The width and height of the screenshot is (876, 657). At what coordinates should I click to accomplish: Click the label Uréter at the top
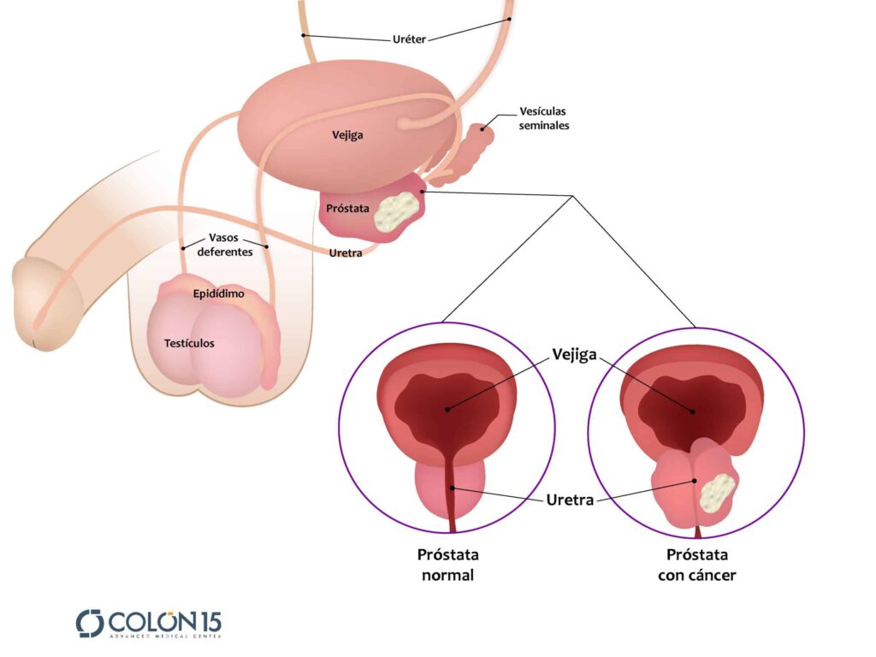coord(408,38)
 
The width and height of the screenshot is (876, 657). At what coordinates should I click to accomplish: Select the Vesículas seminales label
coord(543,119)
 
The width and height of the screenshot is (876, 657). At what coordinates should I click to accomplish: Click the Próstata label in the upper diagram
coord(346,208)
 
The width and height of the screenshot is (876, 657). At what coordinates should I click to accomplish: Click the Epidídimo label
coord(218,294)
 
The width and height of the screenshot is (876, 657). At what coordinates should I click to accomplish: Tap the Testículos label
coord(189,343)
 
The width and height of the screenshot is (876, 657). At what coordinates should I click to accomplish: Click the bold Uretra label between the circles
coord(570,500)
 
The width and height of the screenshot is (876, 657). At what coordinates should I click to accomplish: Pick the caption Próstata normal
coord(447,565)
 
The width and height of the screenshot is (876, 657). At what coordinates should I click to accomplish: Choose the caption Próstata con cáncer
coord(696,565)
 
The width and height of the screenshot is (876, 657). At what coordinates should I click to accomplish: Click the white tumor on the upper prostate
coord(397,210)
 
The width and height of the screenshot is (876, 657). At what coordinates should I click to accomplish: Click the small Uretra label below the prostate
coord(346,252)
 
